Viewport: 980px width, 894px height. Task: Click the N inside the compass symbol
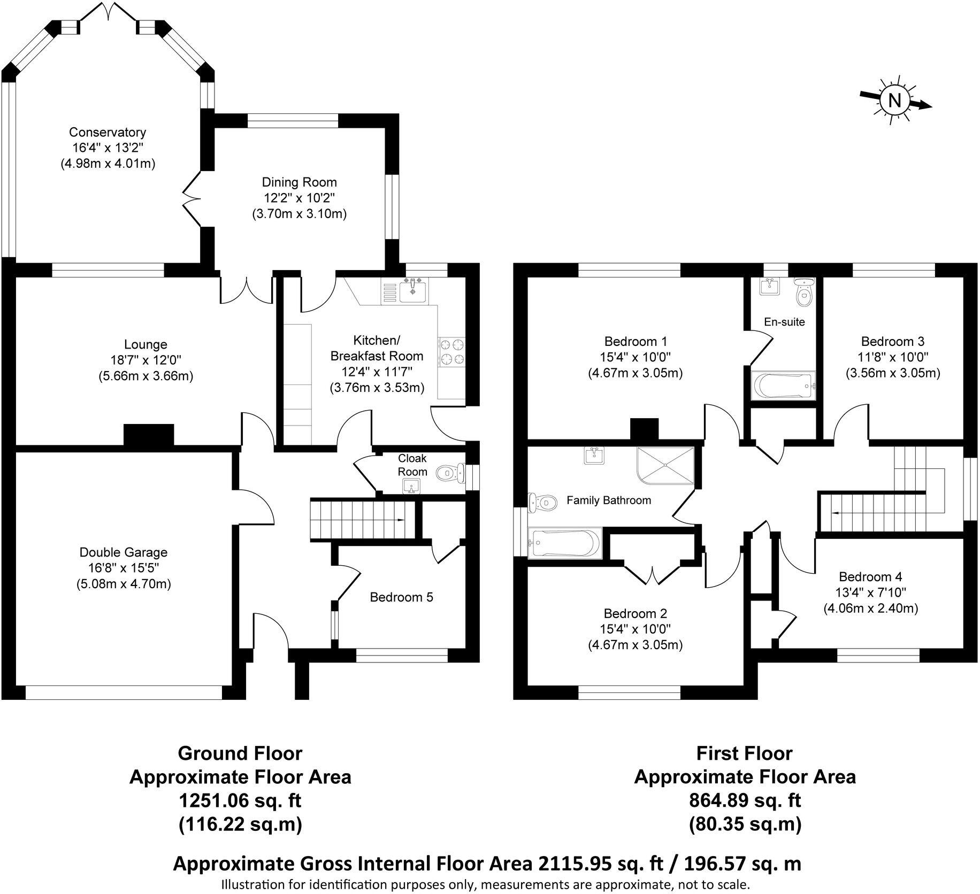[894, 100]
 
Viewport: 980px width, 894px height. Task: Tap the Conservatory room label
[108, 132]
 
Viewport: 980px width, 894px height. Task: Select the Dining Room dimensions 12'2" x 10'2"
[299, 198]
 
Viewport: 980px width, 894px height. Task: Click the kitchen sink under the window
[412, 291]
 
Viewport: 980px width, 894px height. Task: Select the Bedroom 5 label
[401, 597]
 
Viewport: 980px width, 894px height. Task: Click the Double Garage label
[123, 552]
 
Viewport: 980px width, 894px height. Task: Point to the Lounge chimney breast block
[149, 435]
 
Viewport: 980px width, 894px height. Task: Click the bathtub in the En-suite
[784, 385]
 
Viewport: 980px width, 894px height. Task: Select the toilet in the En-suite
[803, 291]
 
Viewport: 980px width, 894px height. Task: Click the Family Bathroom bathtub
[564, 543]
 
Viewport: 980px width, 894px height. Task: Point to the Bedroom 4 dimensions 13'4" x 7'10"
[870, 592]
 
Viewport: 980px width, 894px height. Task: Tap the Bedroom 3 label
[892, 341]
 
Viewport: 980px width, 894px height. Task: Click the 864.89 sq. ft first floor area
[745, 800]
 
